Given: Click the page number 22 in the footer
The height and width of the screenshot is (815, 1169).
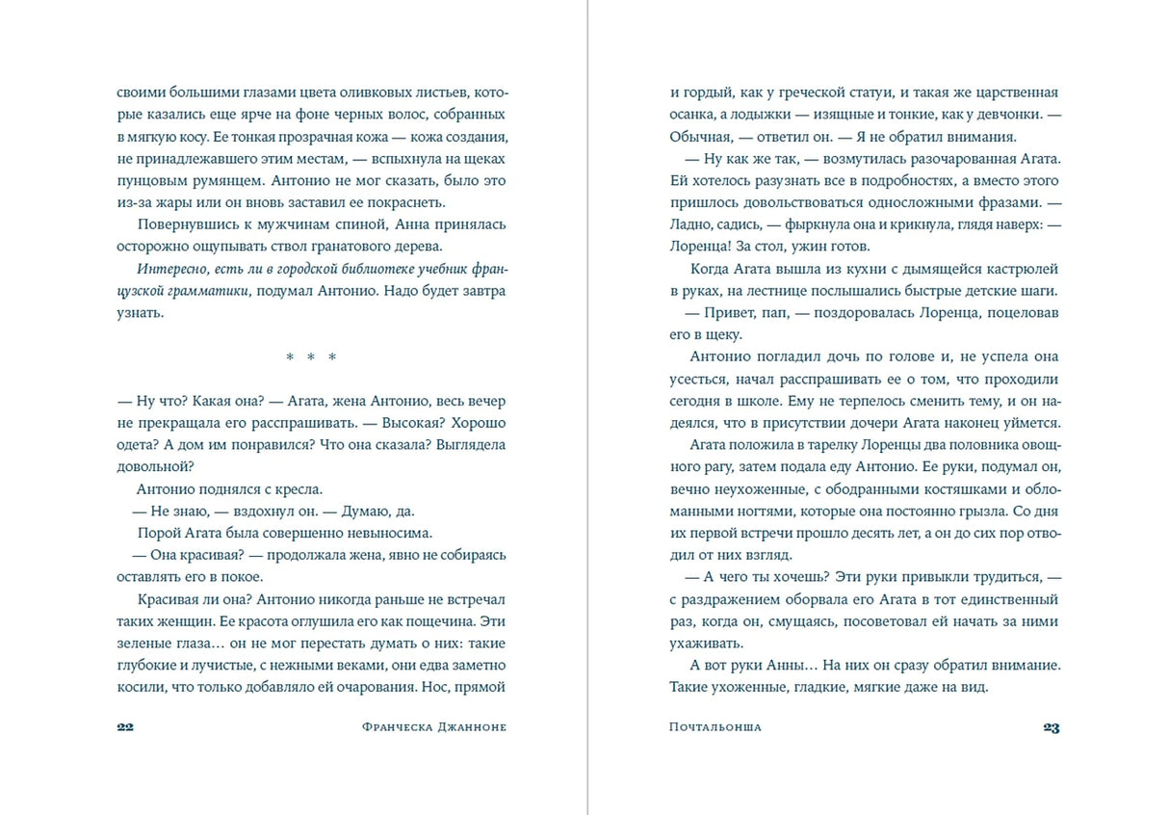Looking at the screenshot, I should (124, 727).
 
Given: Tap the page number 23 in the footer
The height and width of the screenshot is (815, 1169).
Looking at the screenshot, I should (1051, 727).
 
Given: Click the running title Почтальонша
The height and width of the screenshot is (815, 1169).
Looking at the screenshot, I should (714, 727).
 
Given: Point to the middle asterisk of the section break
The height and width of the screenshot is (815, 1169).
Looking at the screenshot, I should (312, 357).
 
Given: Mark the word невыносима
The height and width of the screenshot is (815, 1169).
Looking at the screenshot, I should (380, 533).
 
